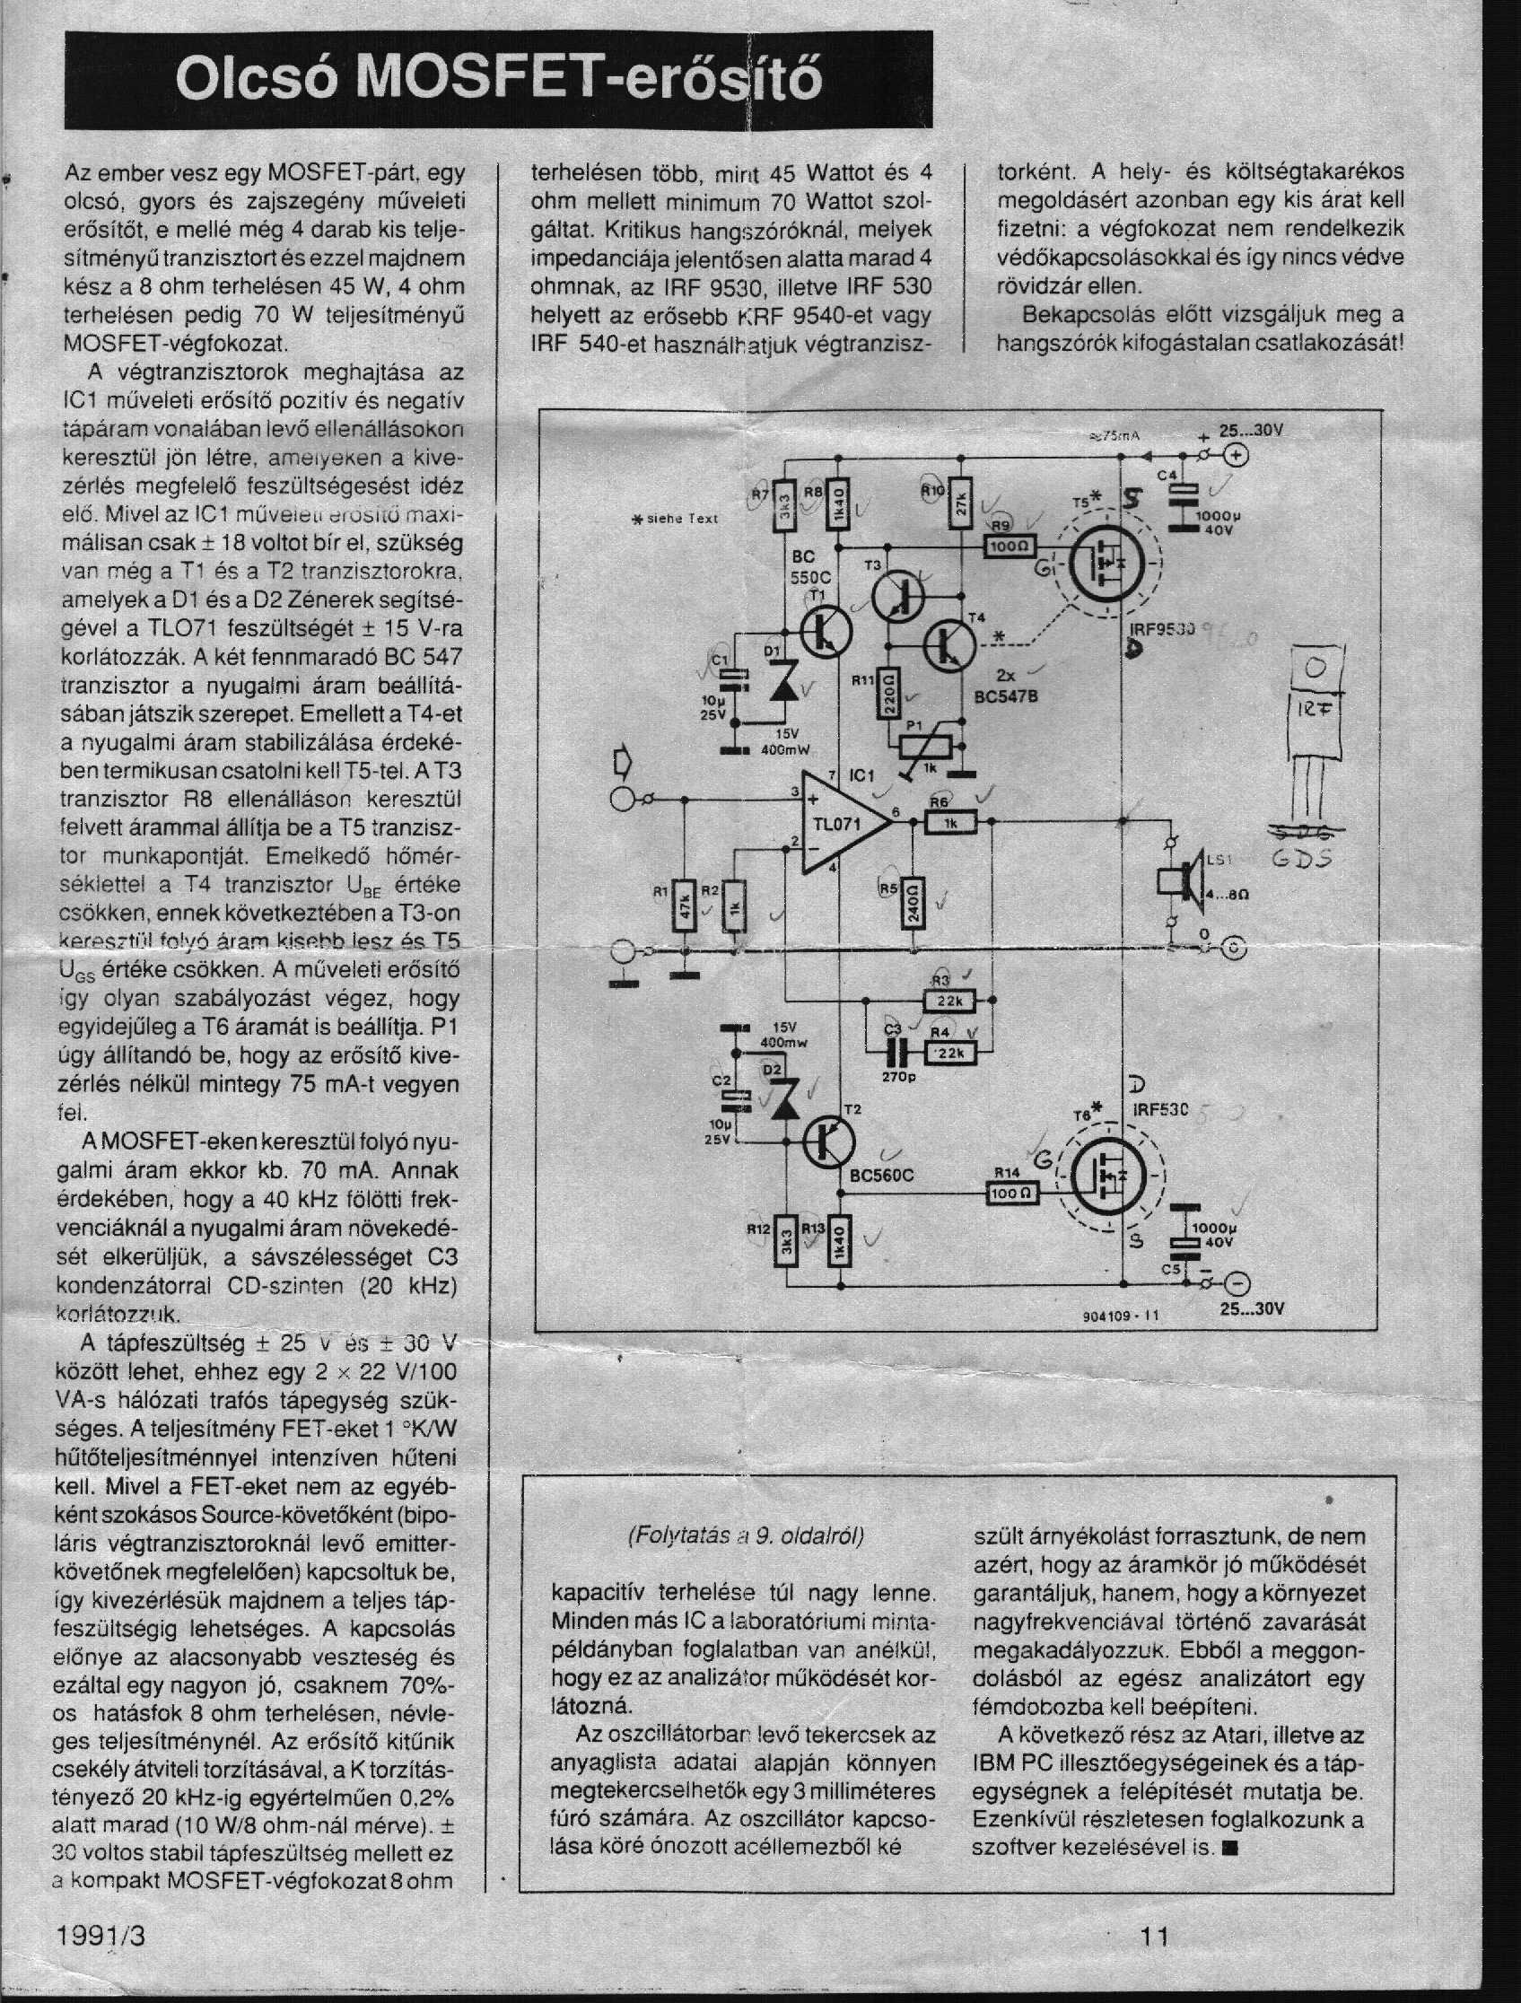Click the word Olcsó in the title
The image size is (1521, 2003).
click(x=257, y=82)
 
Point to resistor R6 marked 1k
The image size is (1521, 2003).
click(x=949, y=822)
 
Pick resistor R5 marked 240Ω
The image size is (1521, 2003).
click(x=913, y=902)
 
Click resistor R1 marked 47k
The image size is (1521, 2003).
click(x=685, y=905)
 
